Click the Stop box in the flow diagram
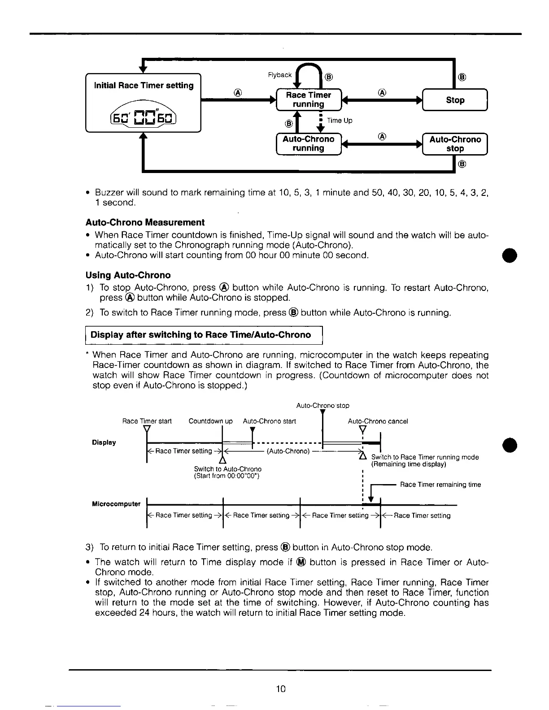coord(455,100)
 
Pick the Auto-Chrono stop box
coord(455,144)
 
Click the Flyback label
coord(279,75)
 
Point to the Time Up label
coord(340,121)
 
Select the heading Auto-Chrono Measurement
coord(145,222)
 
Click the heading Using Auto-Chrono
coord(128,275)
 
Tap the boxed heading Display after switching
coord(200,335)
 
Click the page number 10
coord(281,689)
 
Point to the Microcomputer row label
coord(116,504)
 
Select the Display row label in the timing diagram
coord(104,442)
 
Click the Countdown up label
coord(210,421)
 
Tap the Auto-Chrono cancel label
coord(378,421)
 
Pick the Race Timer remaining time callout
coord(440,485)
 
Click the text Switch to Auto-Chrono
coord(227,469)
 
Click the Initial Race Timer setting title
coord(144,86)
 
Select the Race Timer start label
coord(147,421)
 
